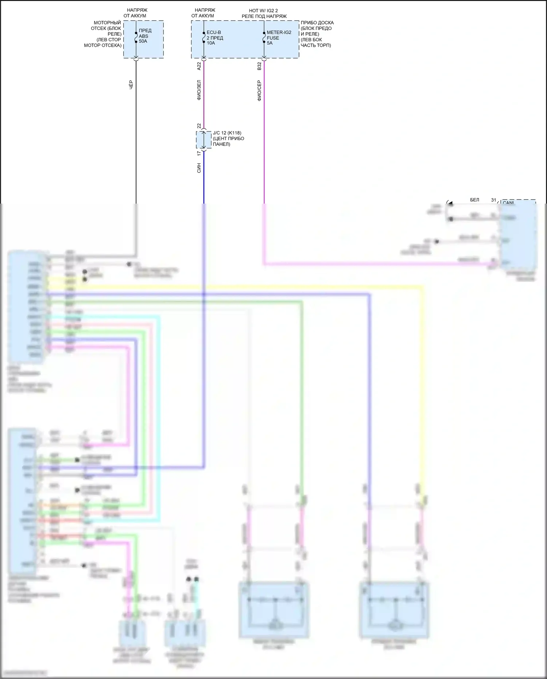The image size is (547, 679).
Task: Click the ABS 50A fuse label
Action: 145,36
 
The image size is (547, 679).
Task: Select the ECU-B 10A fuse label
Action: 215,38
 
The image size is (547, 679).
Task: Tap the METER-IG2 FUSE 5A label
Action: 279,38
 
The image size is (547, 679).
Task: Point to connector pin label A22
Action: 199,66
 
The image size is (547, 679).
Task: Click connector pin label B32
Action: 259,66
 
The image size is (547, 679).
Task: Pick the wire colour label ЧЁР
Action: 131,85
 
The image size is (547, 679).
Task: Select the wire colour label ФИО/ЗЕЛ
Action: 199,90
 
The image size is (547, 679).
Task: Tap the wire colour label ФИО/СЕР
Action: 259,90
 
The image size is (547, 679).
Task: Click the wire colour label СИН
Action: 199,168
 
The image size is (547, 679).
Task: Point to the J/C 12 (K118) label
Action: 227,133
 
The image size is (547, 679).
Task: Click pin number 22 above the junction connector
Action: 199,126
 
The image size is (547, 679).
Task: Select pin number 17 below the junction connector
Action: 199,154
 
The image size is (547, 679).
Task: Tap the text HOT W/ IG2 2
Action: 263,11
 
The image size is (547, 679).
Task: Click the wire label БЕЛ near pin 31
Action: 474,200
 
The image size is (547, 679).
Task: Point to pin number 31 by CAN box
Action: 493,200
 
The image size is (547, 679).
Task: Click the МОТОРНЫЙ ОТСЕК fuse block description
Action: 103,34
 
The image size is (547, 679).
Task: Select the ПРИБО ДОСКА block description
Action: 317,34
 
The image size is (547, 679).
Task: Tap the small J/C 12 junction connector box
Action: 203,140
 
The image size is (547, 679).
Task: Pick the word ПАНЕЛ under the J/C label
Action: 221,144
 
